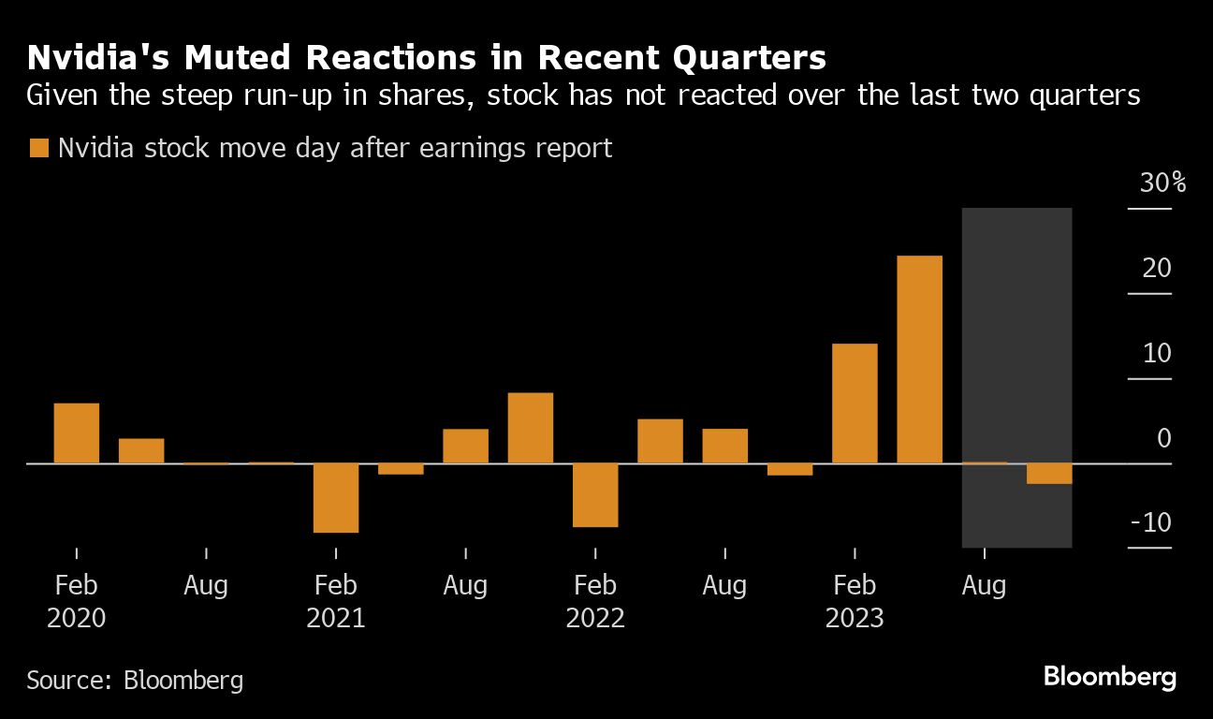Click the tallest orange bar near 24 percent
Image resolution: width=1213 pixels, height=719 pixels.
919,359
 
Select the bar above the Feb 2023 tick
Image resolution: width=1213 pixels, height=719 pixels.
855,404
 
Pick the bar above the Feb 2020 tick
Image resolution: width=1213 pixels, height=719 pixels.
76,433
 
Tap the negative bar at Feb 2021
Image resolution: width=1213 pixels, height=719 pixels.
336,497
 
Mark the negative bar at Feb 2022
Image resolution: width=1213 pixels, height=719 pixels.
595,494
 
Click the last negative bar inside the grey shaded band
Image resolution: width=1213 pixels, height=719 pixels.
1049,473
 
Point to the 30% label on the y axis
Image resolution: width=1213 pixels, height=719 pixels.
1162,183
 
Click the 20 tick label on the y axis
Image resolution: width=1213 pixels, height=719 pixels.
1157,268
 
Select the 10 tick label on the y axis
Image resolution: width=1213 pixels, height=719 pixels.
1157,353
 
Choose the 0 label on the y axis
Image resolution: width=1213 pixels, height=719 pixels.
1163,438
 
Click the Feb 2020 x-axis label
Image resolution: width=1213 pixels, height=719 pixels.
76,602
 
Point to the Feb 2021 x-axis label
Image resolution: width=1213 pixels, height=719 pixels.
336,602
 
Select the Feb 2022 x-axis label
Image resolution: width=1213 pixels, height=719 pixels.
595,602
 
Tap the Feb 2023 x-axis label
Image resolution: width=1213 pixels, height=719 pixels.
855,602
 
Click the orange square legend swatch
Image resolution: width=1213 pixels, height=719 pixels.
39,148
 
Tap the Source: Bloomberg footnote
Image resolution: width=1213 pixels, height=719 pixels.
135,679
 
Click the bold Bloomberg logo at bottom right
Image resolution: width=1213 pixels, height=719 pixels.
1109,677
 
